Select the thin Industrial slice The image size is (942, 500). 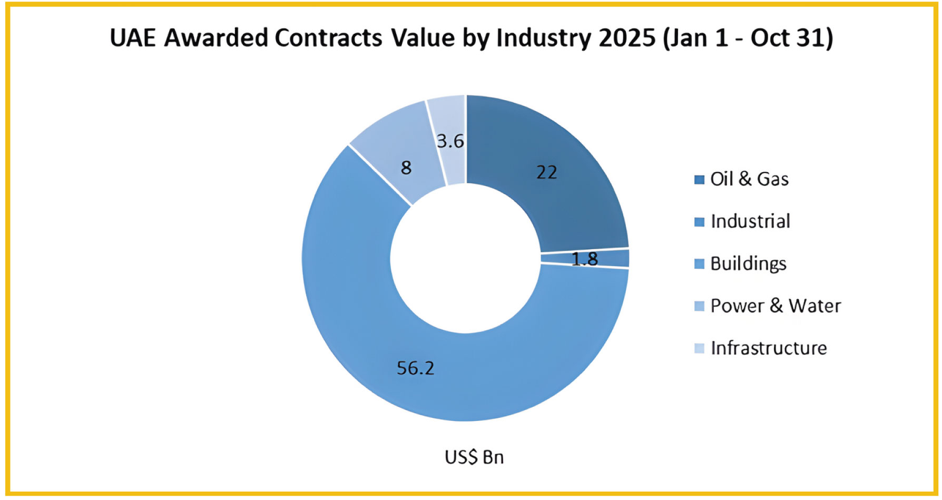click(611, 258)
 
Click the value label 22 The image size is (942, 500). click(546, 172)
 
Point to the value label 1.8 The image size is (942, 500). click(585, 259)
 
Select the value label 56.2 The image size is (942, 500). click(415, 368)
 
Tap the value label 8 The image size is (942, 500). click(406, 168)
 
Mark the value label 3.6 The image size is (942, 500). click(450, 141)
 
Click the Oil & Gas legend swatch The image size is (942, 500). click(699, 180)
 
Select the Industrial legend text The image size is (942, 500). click(750, 221)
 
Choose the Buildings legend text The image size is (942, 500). click(748, 263)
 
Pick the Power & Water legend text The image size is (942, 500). click(776, 306)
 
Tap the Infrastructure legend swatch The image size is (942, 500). click(699, 348)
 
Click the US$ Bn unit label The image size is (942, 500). click(474, 457)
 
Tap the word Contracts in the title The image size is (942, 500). click(328, 38)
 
